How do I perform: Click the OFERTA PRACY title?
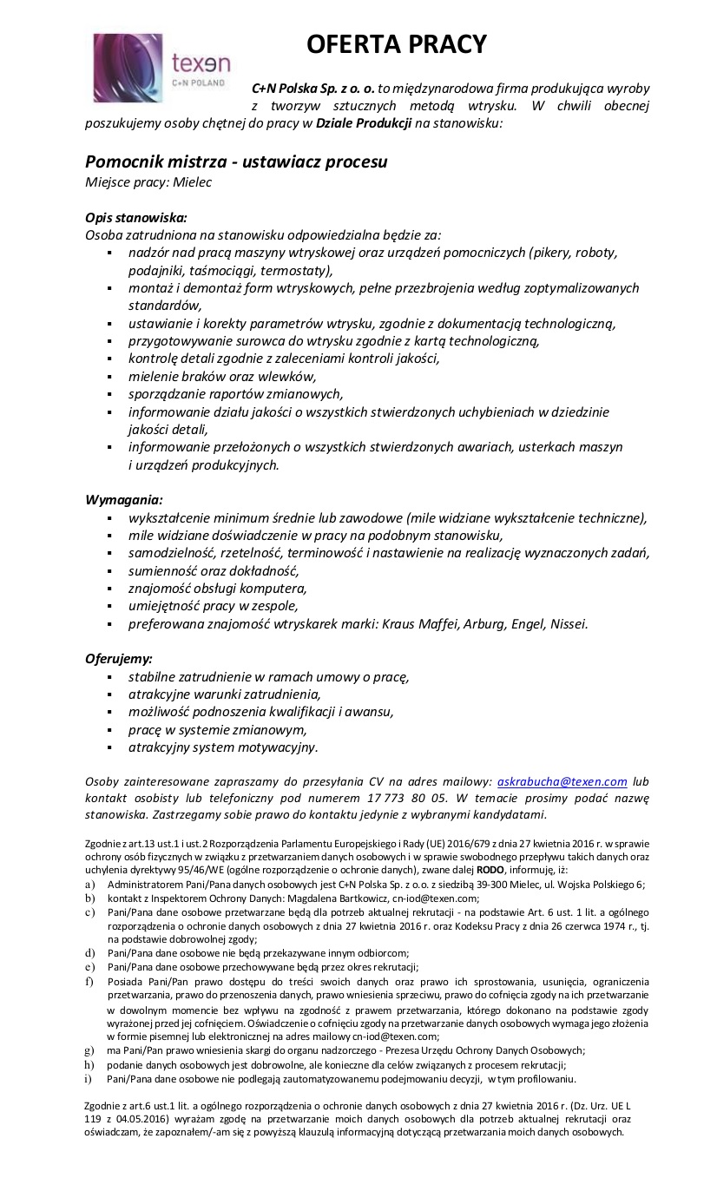[x=397, y=44]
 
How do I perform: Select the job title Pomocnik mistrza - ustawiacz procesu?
[x=236, y=161]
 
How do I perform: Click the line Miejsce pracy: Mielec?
[x=148, y=182]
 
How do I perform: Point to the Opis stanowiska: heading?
[x=136, y=217]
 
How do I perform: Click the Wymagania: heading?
[x=124, y=499]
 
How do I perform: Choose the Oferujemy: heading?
[x=119, y=658]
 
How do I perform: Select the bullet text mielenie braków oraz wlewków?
[x=222, y=376]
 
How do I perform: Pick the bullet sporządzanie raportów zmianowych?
[x=235, y=393]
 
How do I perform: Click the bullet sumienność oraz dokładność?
[x=214, y=570]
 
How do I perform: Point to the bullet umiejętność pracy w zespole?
[x=213, y=605]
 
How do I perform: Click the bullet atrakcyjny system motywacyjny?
[x=223, y=747]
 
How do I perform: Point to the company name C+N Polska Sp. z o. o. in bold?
[x=313, y=89]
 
